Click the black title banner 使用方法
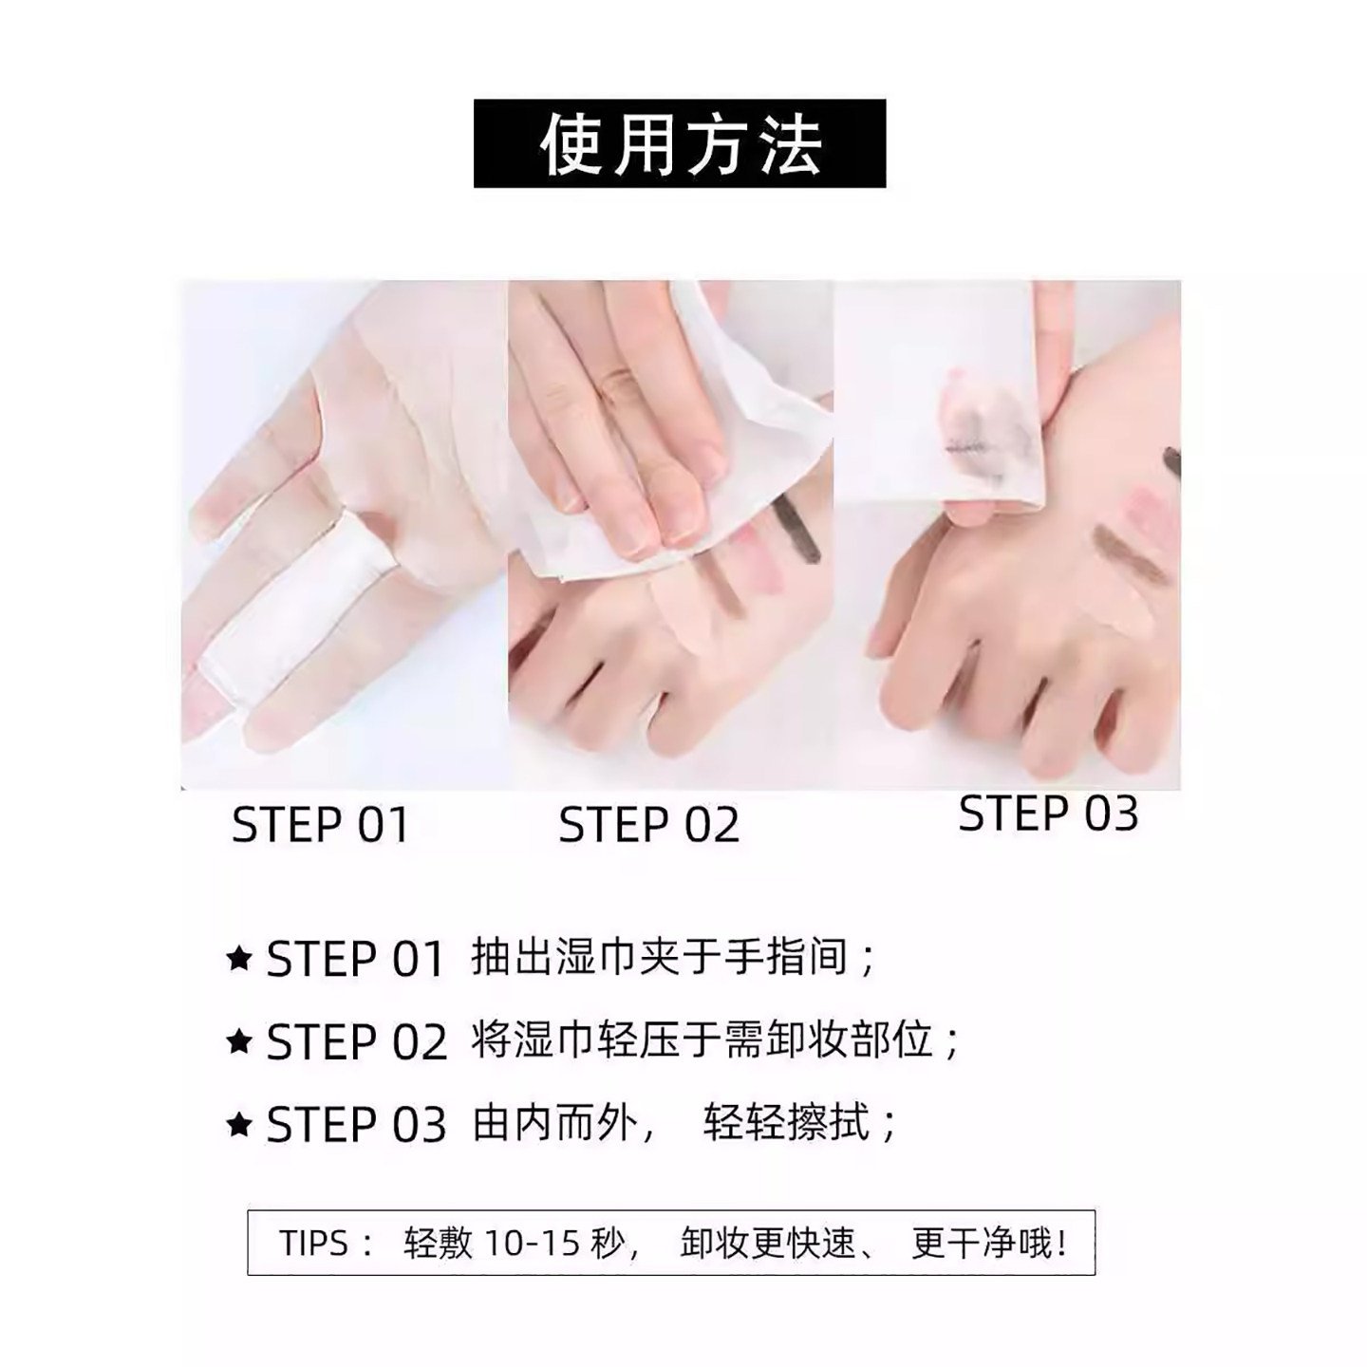[x=680, y=143]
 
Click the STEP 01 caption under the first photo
[x=321, y=825]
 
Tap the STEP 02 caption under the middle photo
[x=648, y=825]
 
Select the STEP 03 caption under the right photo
[x=1048, y=815]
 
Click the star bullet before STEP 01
[x=240, y=959]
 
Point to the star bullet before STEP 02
[x=240, y=1041]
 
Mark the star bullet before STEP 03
[x=240, y=1125]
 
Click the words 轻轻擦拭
[x=787, y=1125]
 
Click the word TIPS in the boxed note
[x=313, y=1243]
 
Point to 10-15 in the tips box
[x=532, y=1243]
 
